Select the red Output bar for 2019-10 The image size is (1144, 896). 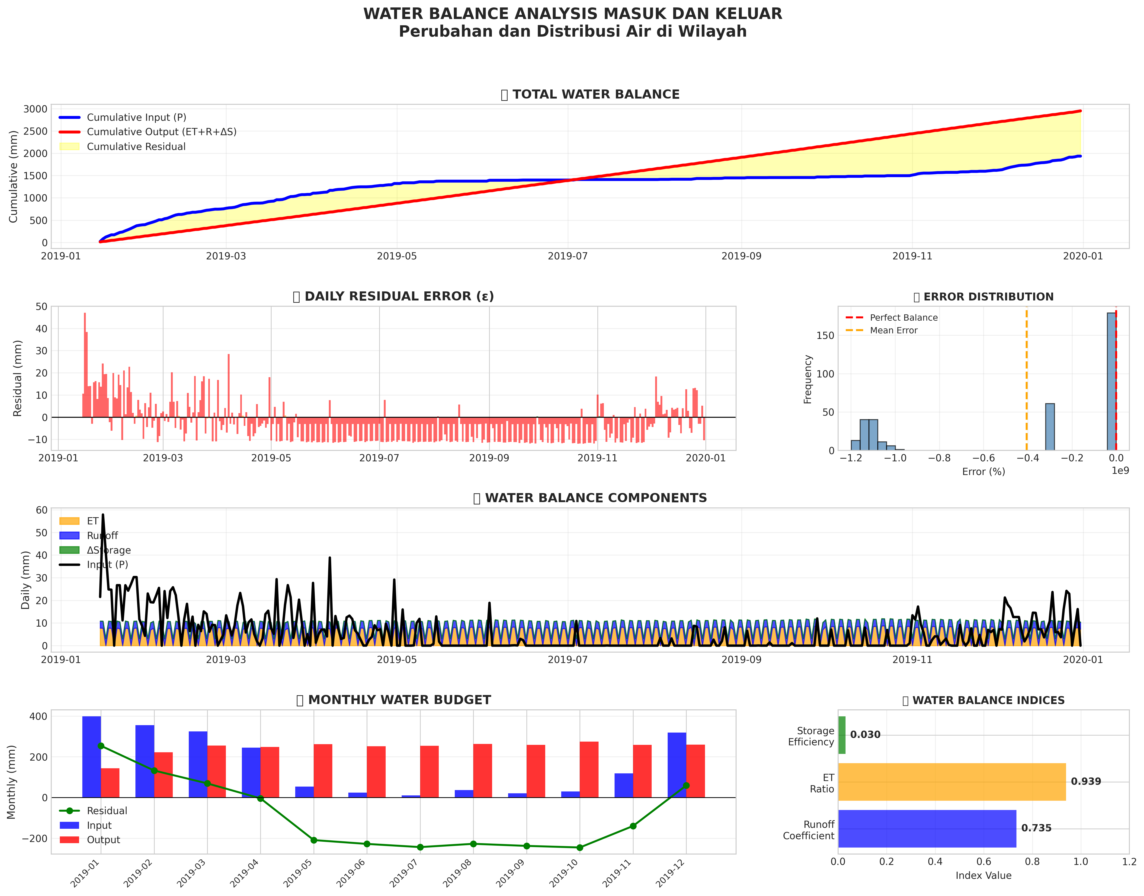(589, 770)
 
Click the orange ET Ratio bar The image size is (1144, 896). (952, 782)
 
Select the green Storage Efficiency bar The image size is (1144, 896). (842, 735)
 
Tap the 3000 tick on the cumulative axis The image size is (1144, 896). (35, 109)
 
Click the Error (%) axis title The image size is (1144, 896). (984, 472)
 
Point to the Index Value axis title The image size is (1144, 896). (984, 876)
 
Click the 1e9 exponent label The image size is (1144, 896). (1120, 471)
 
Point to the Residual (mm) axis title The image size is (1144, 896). (18, 378)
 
